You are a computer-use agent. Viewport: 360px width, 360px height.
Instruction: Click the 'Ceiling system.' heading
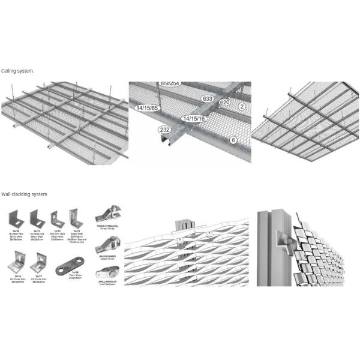[x=17, y=71]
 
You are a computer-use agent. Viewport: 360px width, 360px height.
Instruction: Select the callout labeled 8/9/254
[x=170, y=83]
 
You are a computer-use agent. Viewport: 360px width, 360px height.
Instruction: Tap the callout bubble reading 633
[x=208, y=98]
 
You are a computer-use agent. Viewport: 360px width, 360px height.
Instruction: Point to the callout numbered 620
[x=224, y=103]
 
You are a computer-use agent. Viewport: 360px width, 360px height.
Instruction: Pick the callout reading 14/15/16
[x=194, y=119]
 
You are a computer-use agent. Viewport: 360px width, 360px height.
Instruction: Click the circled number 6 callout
[x=233, y=140]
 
